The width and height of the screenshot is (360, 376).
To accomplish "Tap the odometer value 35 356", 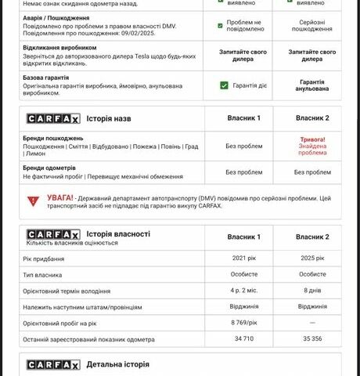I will pyautogui.click(x=312, y=339).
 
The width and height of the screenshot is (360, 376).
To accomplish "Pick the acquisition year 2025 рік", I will pyautogui.click(x=312, y=258).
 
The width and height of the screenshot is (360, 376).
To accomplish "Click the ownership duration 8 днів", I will pyautogui.click(x=312, y=291).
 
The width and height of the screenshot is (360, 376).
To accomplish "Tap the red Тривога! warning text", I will pyautogui.click(x=312, y=139).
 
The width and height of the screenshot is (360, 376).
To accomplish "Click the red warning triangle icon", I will pyautogui.click(x=33, y=201).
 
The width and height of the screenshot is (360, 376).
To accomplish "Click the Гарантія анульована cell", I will pyautogui.click(x=312, y=85).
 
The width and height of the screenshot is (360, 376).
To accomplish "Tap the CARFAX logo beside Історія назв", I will pyautogui.click(x=53, y=118).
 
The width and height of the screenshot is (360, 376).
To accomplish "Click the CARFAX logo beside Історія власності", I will pyautogui.click(x=53, y=234).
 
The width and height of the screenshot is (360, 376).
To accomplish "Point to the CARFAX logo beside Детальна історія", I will pyautogui.click(x=53, y=364).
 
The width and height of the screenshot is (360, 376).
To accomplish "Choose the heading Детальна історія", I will pyautogui.click(x=117, y=364).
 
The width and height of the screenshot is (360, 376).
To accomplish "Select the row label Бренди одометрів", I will pyautogui.click(x=49, y=168).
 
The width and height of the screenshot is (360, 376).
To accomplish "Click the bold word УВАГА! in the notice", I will pyautogui.click(x=60, y=198).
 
